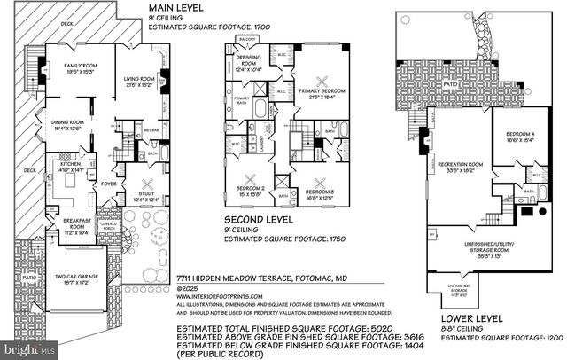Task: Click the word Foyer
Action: coord(108,184)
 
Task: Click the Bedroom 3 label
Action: coord(318,193)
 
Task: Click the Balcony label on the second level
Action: coord(247,39)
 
